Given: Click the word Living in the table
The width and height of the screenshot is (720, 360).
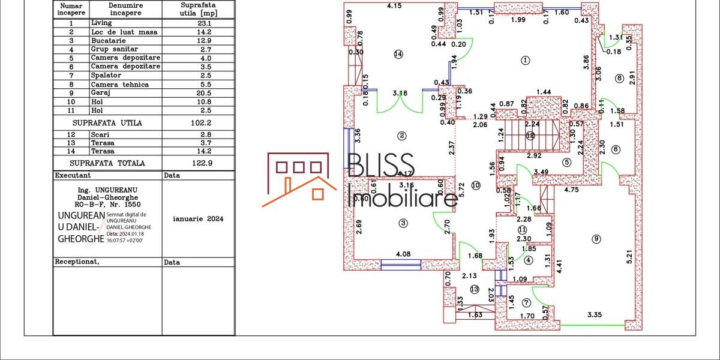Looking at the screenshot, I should [101, 23].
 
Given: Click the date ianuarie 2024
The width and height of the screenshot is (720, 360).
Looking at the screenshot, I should [197, 219].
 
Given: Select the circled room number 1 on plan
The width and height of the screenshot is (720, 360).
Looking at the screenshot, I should [526, 60].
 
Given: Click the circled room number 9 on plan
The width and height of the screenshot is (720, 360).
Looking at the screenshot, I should [596, 239].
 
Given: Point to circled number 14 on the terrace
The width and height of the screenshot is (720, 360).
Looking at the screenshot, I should [398, 54].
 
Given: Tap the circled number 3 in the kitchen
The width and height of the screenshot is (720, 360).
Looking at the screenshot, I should [403, 223].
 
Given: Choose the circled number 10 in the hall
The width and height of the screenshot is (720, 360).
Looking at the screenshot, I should [475, 185].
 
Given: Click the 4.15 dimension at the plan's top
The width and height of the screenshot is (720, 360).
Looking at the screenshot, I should [394, 6].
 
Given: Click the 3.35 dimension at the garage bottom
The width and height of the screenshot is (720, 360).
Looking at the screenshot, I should [595, 314].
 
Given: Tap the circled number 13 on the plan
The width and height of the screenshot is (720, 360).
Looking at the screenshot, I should [475, 289].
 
